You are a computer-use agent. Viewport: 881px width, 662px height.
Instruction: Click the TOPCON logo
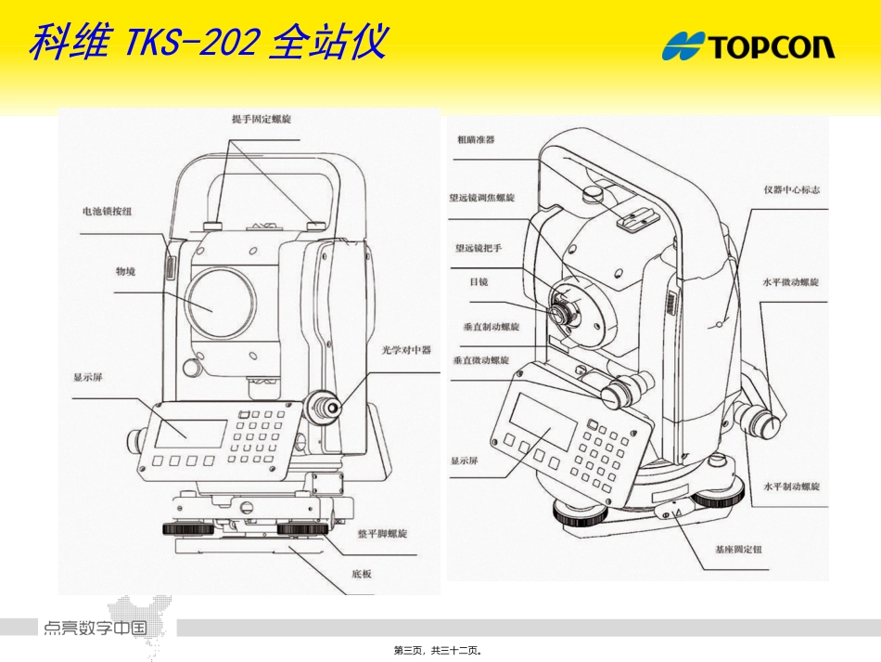coord(748,45)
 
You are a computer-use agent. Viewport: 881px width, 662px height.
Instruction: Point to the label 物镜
coord(125,271)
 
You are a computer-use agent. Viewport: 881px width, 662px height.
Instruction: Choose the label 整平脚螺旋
coord(383,534)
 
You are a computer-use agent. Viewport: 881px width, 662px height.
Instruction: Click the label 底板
coord(362,574)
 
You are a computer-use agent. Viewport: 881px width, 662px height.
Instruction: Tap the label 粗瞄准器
coord(476,140)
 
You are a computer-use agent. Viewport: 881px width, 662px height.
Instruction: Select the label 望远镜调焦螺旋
coord(481,198)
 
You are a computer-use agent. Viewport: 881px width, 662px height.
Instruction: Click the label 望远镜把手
coord(479,248)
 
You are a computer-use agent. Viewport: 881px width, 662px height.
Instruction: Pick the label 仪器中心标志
coord(791,190)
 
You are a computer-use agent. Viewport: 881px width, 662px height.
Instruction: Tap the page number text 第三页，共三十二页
coord(440,651)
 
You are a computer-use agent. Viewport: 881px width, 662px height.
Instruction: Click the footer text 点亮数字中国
coord(95,628)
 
